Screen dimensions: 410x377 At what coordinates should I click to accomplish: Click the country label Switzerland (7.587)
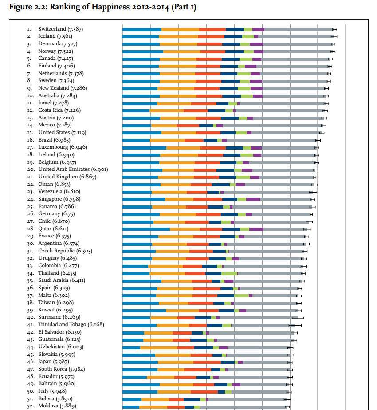(x=60, y=29)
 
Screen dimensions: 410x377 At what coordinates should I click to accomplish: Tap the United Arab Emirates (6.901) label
(x=73, y=170)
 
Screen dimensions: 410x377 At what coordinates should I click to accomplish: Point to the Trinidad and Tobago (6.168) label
(x=71, y=325)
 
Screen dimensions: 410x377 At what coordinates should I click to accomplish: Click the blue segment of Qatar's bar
(x=146, y=229)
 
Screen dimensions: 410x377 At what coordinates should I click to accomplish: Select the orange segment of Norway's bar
(x=182, y=51)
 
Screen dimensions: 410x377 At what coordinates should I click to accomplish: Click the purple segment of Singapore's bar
(x=253, y=199)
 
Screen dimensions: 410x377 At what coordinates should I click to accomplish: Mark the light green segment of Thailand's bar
(x=229, y=273)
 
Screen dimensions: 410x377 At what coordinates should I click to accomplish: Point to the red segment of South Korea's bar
(x=197, y=369)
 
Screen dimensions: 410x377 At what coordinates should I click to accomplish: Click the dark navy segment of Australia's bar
(x=232, y=96)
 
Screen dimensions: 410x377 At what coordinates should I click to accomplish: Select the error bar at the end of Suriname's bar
(x=298, y=318)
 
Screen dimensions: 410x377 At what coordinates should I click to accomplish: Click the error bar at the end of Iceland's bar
(x=334, y=36)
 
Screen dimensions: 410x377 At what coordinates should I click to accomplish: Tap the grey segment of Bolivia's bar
(x=247, y=399)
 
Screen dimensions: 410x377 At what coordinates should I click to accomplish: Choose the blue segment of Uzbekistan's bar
(x=131, y=347)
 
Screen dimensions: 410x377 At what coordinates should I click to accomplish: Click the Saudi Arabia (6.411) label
(x=62, y=280)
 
